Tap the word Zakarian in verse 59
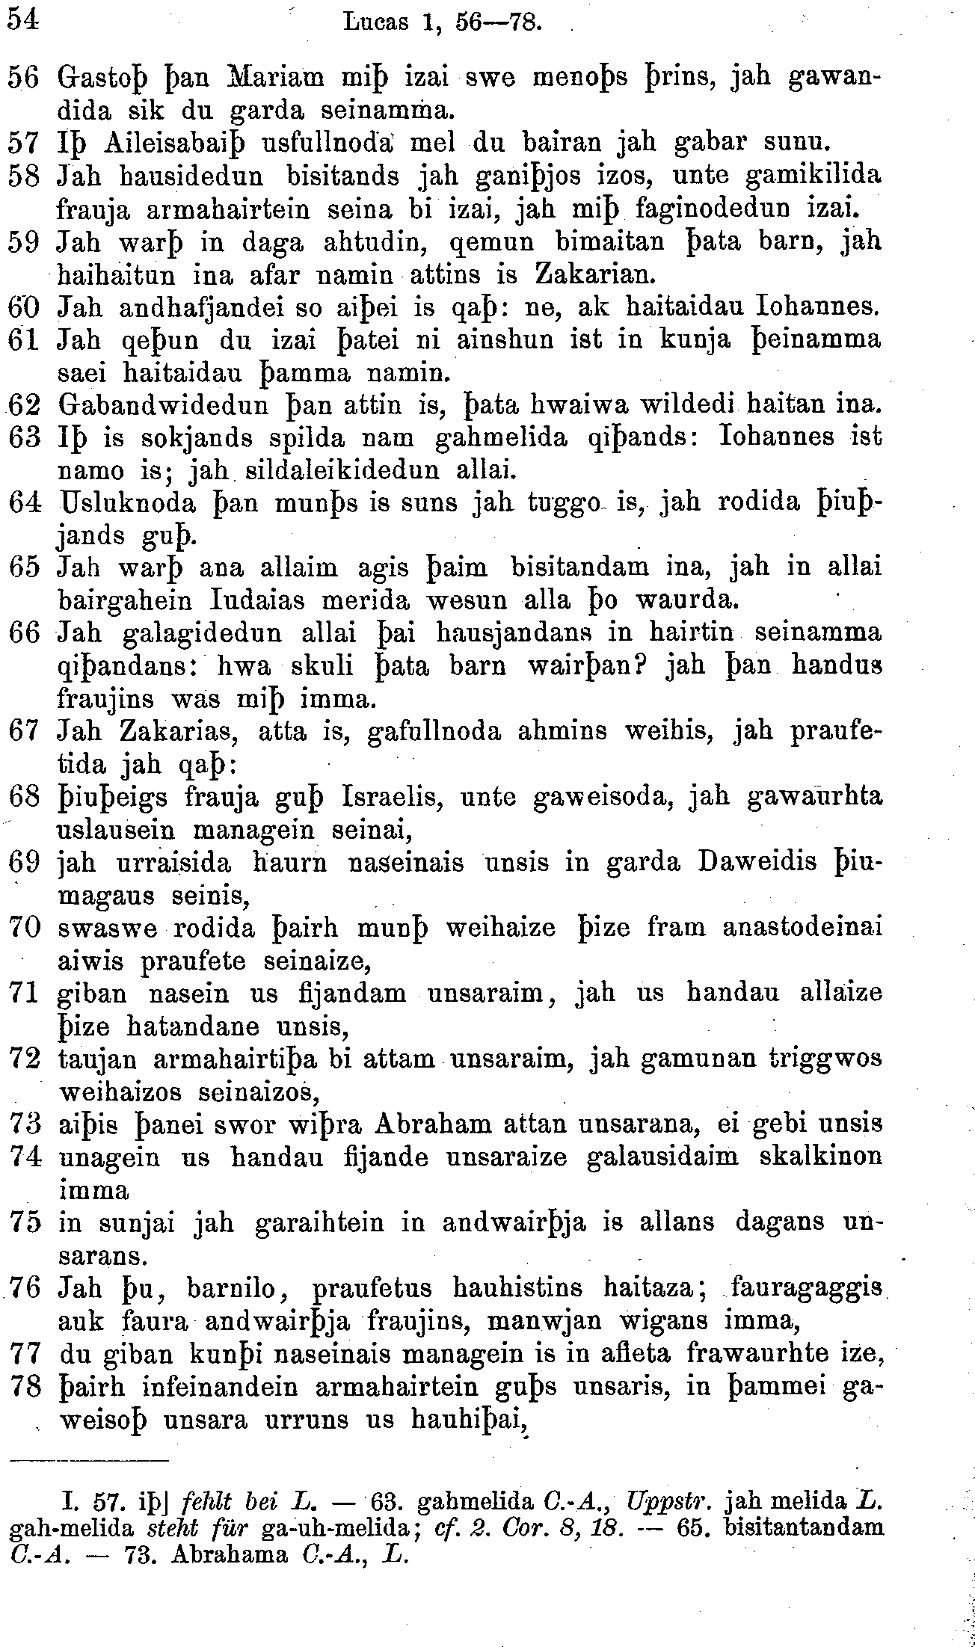click(594, 274)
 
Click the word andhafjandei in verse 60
click(188, 306)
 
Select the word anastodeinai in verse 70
click(802, 928)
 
